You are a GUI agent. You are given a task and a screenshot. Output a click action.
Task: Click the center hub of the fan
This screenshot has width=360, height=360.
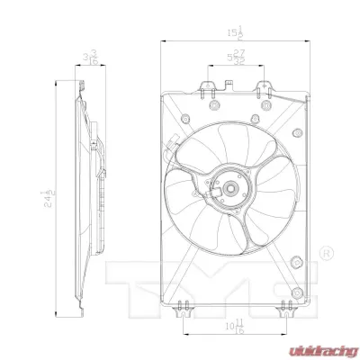click(231, 189)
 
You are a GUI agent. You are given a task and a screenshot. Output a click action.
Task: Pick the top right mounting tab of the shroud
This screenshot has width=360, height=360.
click(265, 87)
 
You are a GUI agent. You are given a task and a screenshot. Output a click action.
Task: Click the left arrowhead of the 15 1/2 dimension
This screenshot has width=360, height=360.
click(163, 42)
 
